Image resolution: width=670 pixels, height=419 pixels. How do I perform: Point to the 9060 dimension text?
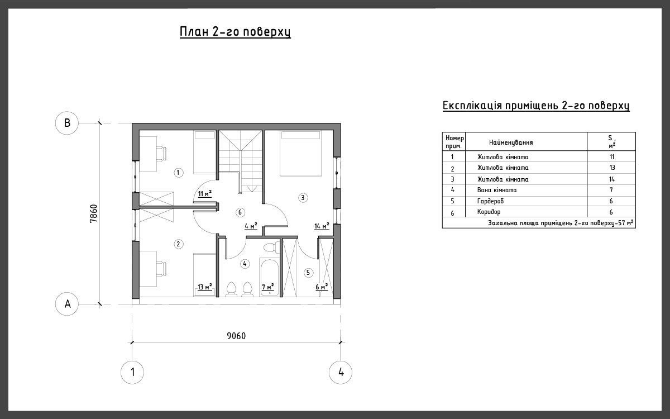[236, 336]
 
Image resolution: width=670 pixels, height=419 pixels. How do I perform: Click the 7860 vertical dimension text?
[94, 213]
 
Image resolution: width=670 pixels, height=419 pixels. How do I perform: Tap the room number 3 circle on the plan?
[303, 198]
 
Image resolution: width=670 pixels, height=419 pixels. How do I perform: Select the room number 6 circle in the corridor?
[240, 212]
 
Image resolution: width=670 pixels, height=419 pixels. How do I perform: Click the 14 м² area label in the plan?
[322, 226]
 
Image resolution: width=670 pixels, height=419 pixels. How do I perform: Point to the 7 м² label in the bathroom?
[267, 287]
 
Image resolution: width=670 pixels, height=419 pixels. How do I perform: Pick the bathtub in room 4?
[269, 277]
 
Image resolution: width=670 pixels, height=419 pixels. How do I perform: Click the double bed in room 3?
[300, 153]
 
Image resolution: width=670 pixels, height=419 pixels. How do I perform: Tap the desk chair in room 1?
[161, 154]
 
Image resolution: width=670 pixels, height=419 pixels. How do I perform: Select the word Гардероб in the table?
[490, 201]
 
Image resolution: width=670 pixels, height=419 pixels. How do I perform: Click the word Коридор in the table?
[489, 212]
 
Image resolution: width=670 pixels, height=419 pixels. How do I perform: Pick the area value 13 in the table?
[612, 168]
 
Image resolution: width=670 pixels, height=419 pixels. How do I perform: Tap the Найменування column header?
[511, 142]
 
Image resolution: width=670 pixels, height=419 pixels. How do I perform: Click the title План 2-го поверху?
[235, 32]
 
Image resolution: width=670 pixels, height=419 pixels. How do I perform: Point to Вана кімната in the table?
[497, 190]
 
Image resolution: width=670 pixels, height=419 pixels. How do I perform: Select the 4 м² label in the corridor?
[251, 226]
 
